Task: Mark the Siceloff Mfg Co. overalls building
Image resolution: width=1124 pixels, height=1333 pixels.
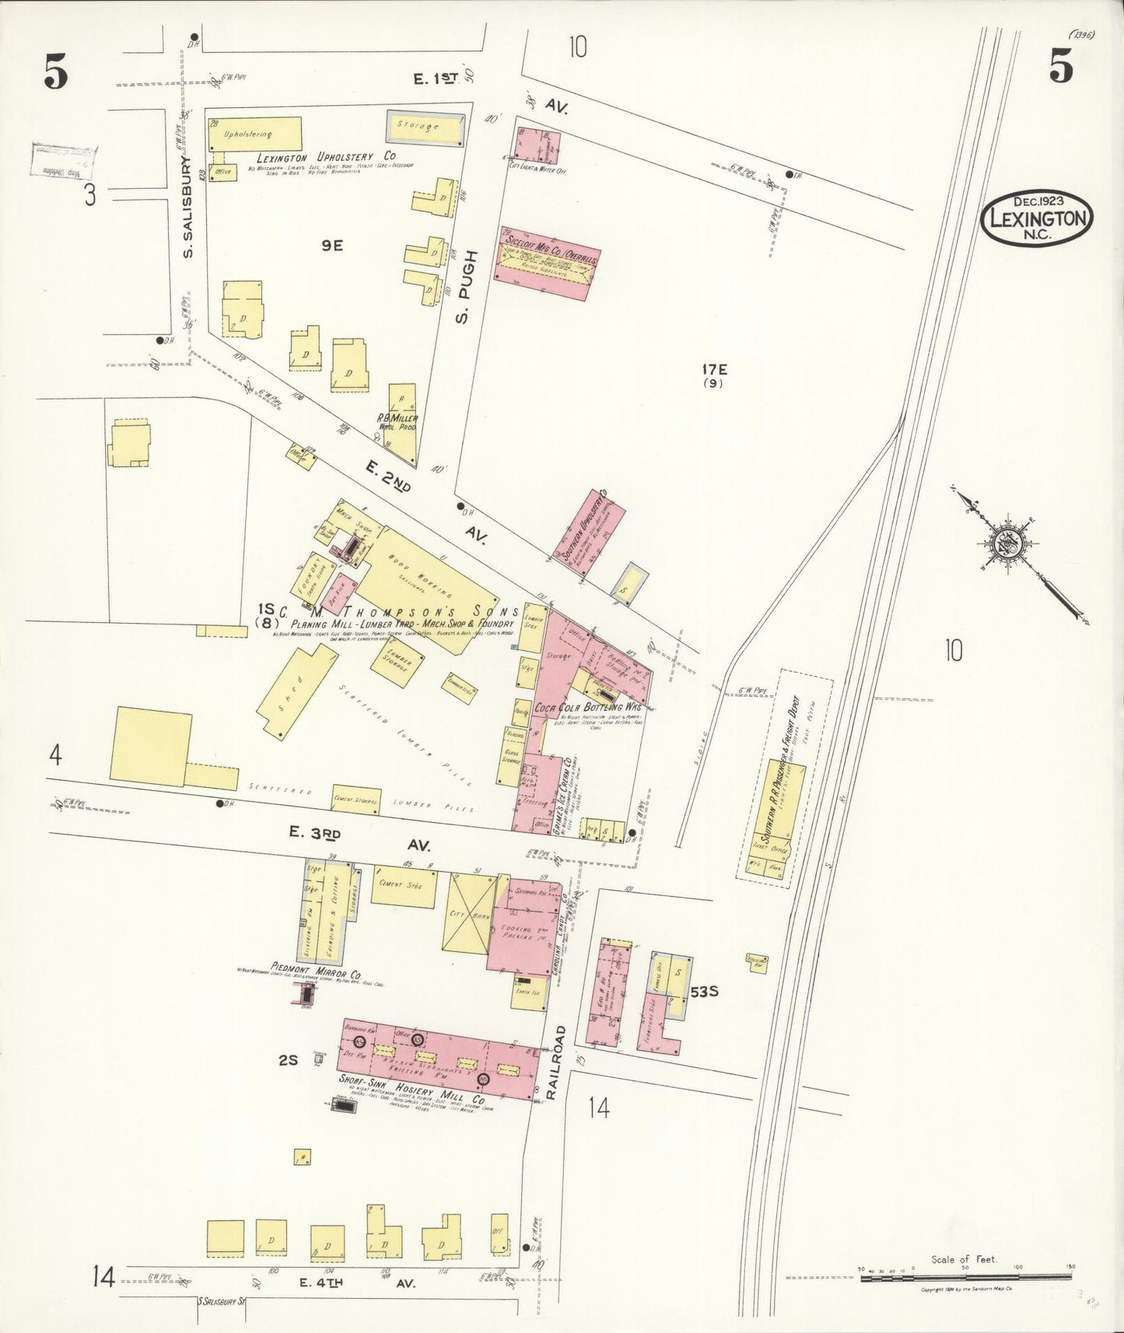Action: [x=548, y=264]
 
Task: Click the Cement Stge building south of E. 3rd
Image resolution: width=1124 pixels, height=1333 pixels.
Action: [x=403, y=888]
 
